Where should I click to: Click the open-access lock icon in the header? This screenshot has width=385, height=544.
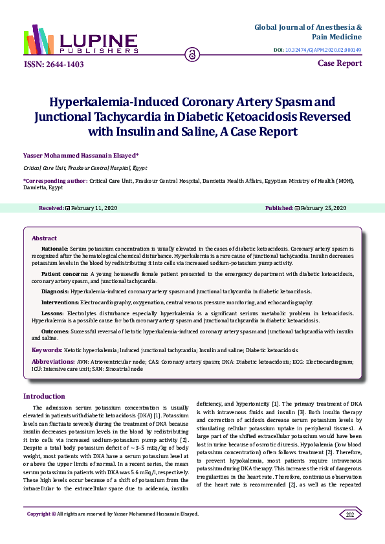[x=192, y=54]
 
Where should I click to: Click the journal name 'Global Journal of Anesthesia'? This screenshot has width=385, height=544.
[x=307, y=28]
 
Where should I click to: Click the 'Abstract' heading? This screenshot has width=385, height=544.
[x=44, y=238]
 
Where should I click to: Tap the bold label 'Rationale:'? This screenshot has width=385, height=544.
[x=55, y=248]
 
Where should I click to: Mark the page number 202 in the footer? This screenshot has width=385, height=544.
[x=350, y=532]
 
